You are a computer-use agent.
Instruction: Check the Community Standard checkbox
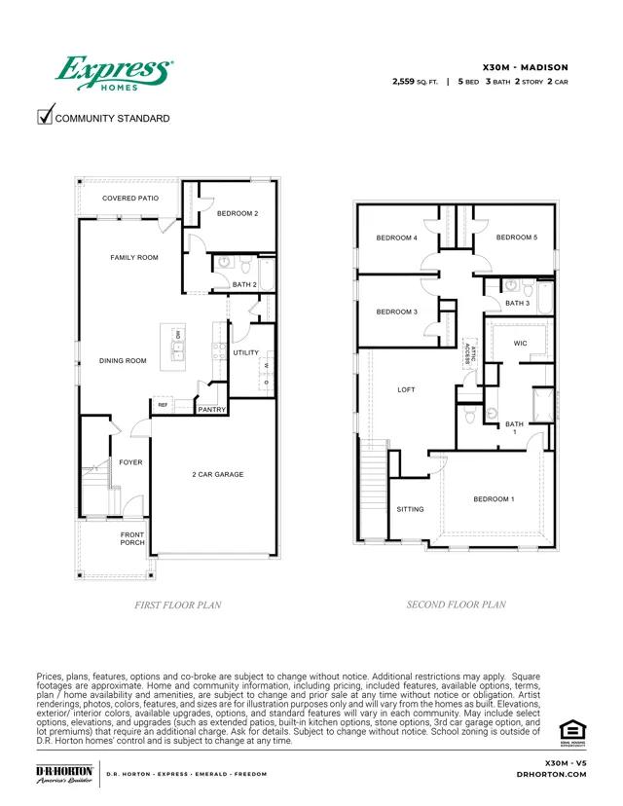click(x=45, y=118)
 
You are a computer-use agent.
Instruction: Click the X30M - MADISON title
click(x=526, y=67)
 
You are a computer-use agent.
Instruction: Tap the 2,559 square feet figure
click(x=415, y=82)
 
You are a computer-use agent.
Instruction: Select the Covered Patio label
click(x=130, y=199)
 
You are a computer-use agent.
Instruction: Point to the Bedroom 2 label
click(x=237, y=213)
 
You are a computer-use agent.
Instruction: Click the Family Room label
click(x=133, y=257)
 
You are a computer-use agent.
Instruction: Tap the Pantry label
click(x=212, y=410)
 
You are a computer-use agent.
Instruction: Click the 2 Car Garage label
click(x=217, y=475)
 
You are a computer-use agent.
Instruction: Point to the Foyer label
click(x=130, y=462)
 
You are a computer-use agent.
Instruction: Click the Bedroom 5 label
click(x=516, y=238)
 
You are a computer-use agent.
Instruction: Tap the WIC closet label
click(x=520, y=343)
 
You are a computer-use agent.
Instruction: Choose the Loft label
click(x=406, y=389)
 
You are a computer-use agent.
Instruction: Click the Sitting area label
click(x=410, y=509)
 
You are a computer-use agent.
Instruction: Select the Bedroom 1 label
click(x=494, y=499)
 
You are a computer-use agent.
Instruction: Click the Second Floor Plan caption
click(x=456, y=604)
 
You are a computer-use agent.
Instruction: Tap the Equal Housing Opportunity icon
click(x=569, y=730)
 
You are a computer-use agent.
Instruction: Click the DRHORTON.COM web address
click(x=551, y=775)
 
